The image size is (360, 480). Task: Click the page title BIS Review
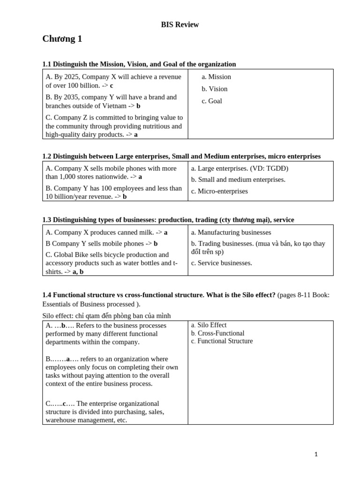point(180,24)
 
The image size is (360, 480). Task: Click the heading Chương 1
point(62,39)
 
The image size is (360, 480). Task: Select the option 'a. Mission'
point(216,77)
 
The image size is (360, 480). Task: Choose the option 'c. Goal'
point(212,101)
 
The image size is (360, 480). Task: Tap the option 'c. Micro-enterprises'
point(219,191)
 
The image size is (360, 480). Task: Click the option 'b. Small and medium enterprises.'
point(238,180)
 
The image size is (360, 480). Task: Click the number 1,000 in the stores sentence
point(69,177)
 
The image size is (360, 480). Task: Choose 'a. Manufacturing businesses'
point(231,232)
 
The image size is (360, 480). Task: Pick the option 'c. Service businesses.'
point(221,263)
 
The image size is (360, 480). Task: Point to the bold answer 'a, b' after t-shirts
point(78,271)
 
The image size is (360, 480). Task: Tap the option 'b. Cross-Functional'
point(217,333)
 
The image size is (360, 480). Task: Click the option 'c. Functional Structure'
point(222,341)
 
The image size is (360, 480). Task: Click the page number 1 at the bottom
point(316,454)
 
